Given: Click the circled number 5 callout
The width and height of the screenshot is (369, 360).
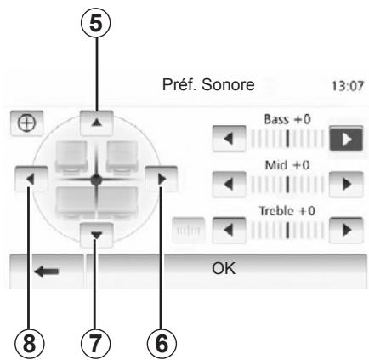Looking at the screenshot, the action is (95, 23).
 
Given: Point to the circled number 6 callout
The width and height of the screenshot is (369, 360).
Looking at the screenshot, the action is (162, 344).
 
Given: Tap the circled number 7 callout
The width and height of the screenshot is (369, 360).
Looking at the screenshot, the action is (95, 344).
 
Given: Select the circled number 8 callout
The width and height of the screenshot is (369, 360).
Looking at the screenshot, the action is (29, 344).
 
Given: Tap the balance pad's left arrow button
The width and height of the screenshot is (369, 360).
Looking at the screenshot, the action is (31, 179).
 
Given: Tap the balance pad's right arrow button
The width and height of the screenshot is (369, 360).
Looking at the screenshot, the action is (162, 179).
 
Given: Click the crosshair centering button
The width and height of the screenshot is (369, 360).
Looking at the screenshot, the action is (27, 123).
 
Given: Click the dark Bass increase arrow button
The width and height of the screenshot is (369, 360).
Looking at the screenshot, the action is (346, 139).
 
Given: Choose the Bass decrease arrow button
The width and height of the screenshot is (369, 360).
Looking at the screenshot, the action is (229, 139).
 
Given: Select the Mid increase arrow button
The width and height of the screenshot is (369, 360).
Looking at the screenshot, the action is (346, 185).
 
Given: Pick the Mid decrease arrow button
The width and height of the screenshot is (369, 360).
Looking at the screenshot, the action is (229, 185).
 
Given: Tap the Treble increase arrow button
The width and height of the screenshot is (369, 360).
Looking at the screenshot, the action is (346, 230).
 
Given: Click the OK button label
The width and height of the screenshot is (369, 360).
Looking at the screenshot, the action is (224, 268).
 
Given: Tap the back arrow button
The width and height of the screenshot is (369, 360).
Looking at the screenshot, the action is (47, 271).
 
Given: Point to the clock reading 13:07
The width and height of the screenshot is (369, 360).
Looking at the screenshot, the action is (348, 86).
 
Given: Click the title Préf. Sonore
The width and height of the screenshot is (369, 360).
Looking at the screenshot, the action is (208, 84).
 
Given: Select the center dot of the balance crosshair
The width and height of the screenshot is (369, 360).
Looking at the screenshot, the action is (96, 180).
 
